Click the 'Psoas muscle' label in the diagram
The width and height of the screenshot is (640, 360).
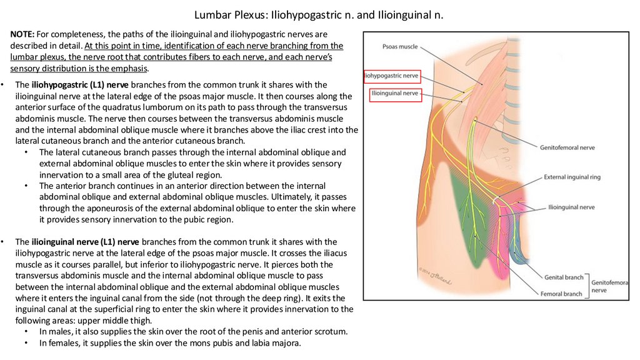point(400,47)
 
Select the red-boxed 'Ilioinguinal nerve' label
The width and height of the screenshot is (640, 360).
point(395,93)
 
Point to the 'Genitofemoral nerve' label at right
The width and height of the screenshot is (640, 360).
point(567,147)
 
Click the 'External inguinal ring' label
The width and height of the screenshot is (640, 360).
point(572,177)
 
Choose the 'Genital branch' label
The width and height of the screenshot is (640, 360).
point(565,277)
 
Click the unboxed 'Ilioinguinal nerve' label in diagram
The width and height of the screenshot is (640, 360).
point(571,206)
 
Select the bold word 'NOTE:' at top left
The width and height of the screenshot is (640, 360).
point(22,34)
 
